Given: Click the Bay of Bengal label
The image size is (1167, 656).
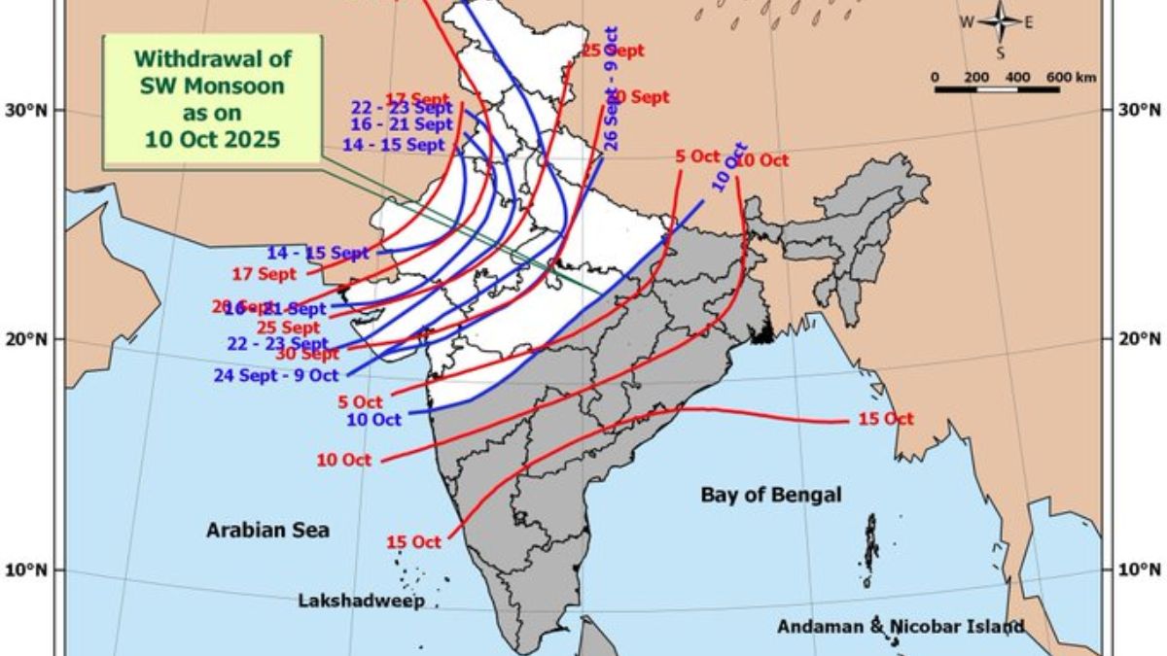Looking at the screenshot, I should point(770,495).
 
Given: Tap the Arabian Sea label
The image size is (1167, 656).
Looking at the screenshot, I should point(267,530).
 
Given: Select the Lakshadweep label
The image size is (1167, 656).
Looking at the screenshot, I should point(361,602).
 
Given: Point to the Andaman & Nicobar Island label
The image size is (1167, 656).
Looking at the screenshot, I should point(900,627).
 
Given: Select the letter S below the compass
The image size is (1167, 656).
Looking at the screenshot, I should point(1000,52).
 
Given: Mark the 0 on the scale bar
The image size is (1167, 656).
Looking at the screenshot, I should point(935,77).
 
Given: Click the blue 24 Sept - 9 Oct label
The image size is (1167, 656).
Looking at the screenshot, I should point(276,374).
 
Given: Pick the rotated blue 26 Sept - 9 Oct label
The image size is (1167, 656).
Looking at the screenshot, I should point(611,87).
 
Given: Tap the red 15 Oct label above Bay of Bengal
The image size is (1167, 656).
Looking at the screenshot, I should point(886,419).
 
